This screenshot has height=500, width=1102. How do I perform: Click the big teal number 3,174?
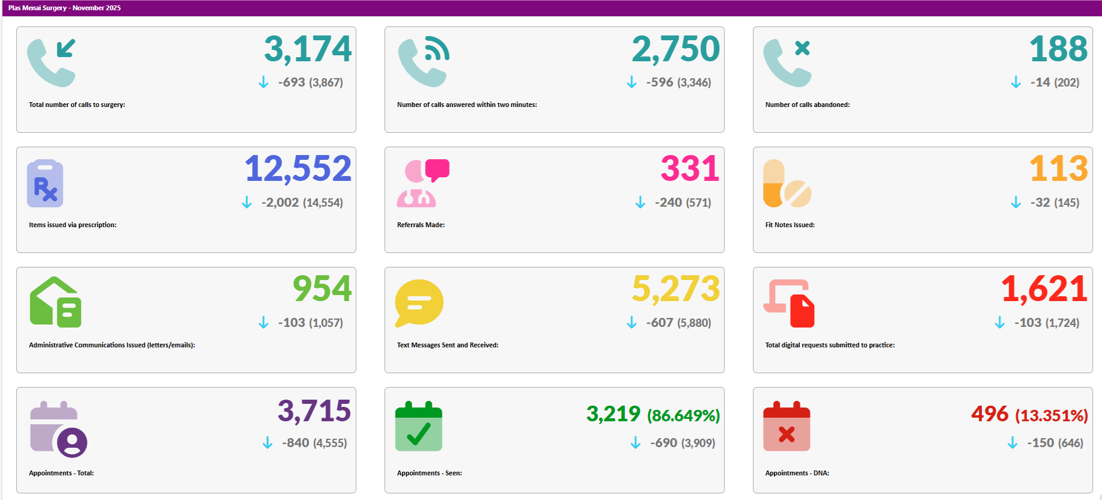click(x=308, y=49)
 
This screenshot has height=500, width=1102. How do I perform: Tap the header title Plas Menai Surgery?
click(x=37, y=8)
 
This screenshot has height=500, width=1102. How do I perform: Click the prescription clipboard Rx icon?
click(x=45, y=183)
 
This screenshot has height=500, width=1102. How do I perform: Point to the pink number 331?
click(x=690, y=169)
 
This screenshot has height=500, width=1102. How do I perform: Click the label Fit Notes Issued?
click(x=790, y=225)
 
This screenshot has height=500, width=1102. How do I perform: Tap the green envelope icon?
click(x=55, y=302)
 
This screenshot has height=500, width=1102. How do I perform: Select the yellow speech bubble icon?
click(x=419, y=302)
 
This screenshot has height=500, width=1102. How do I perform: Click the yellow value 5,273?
click(x=675, y=289)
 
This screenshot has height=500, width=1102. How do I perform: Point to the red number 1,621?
click(x=1044, y=289)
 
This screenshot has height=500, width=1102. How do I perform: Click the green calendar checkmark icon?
click(x=419, y=426)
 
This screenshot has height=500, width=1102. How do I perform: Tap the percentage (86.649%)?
click(x=683, y=415)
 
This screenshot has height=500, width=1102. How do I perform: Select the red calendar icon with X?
click(x=787, y=426)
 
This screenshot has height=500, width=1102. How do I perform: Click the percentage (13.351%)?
click(x=1051, y=415)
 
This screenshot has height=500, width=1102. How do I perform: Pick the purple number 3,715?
click(x=314, y=411)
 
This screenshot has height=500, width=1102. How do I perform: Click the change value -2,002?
click(x=280, y=203)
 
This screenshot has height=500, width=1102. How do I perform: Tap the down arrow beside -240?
click(x=640, y=203)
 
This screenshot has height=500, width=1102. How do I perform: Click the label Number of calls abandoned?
click(x=807, y=105)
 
